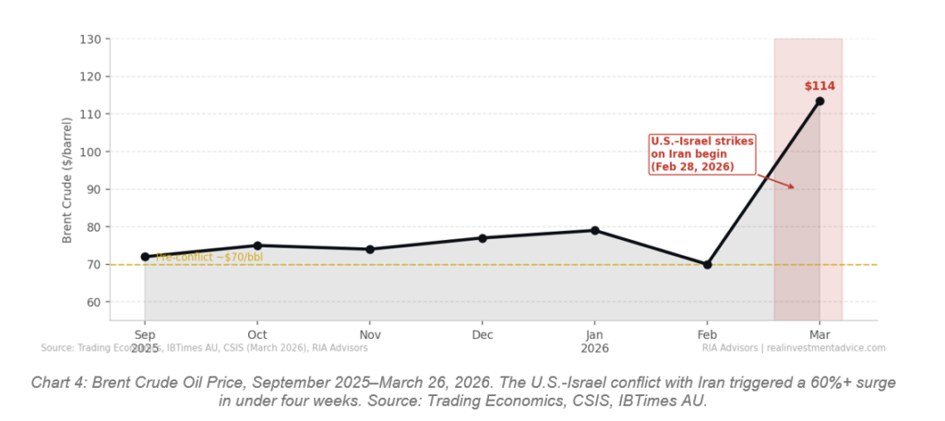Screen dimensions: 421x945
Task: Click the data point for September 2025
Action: [145, 257]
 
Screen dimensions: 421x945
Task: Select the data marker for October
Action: [257, 246]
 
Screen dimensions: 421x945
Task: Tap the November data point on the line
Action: [370, 249]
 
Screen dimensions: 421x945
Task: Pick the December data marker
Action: [482, 238]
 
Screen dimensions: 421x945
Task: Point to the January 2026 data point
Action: [594, 230]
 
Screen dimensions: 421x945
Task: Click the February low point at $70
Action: [707, 264]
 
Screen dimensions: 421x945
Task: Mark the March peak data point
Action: [819, 101]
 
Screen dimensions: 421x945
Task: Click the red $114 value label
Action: [819, 86]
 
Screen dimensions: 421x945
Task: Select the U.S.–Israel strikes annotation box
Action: [702, 154]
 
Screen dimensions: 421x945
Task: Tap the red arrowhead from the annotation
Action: [792, 187]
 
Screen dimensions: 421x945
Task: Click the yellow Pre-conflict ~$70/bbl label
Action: [209, 257]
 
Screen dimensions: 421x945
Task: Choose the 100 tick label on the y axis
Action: [90, 151]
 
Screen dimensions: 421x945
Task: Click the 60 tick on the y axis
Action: [93, 302]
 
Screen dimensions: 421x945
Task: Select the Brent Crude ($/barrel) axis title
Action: [67, 180]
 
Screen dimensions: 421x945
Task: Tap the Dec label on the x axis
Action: [482, 334]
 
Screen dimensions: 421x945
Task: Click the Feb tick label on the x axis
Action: [707, 334]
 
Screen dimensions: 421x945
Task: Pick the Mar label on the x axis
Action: [819, 334]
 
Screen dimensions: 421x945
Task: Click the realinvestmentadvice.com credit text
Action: [824, 348]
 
